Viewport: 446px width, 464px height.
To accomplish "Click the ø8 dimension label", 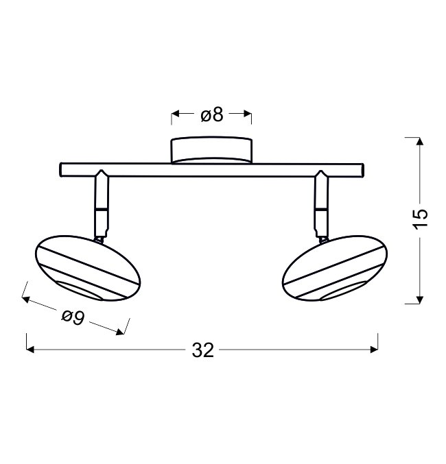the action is pos(211,114).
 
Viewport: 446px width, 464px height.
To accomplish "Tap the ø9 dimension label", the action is pos(73,317).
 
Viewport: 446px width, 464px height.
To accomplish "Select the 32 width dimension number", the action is pos(202,350).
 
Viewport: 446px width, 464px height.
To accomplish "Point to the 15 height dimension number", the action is pos(421,219).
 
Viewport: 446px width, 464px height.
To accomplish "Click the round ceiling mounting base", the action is pos(211,150).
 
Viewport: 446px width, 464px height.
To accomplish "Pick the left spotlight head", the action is pos(88,269).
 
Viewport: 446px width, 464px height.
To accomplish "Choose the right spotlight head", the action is pos(335,269).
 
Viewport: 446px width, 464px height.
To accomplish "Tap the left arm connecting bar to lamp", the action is pos(102,204).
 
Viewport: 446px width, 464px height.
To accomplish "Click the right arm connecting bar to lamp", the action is pos(322,204).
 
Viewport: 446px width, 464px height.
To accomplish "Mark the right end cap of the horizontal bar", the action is pos(362,170).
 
